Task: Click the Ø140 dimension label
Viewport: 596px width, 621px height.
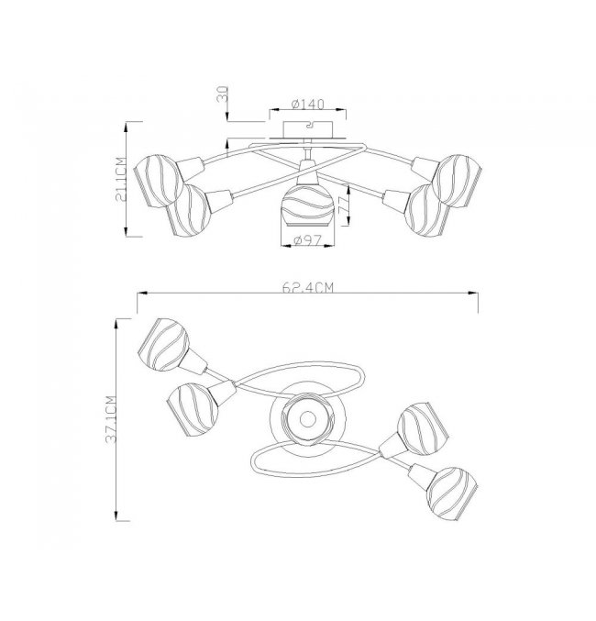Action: pos(308,105)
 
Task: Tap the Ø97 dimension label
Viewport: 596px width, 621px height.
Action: pos(308,240)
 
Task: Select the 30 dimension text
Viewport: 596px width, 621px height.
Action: pos(223,94)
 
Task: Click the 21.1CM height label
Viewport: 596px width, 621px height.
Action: pos(120,179)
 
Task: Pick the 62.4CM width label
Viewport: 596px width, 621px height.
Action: pos(308,287)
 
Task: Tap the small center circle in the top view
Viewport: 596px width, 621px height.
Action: pos(307,418)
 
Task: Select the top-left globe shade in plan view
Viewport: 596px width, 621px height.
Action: pos(163,345)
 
